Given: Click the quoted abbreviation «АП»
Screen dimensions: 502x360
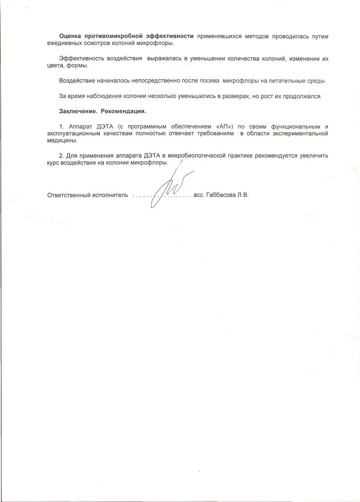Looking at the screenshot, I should (x=224, y=126).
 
